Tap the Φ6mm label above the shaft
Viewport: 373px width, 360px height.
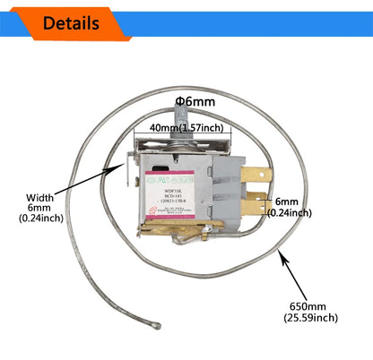point(195,102)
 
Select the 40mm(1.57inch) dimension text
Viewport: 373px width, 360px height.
point(187,127)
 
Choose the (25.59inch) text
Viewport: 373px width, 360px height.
point(312,317)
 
